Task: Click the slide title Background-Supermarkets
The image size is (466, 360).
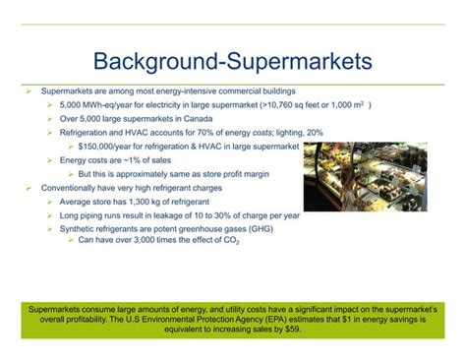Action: coord(233,61)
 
